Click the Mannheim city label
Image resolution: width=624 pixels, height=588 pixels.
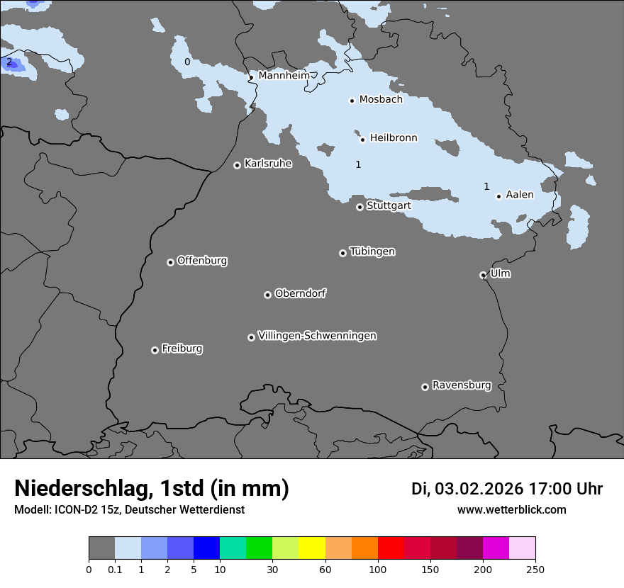point(284,75)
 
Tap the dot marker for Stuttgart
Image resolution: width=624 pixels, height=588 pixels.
point(360,207)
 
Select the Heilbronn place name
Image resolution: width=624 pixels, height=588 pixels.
point(394,138)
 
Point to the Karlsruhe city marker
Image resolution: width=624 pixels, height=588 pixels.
point(237,165)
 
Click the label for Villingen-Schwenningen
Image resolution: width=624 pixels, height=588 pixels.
point(317,336)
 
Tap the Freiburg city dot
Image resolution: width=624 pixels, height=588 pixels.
point(155,350)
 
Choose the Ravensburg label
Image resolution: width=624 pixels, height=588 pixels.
point(461,385)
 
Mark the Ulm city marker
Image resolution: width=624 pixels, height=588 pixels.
point(483,275)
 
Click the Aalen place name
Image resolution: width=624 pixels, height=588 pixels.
point(520,195)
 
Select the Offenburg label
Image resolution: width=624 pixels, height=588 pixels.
point(202,261)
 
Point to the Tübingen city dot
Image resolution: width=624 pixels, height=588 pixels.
point(342,253)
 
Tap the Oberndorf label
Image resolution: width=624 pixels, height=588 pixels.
point(300,293)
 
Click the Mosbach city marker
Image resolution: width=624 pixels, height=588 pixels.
point(352,101)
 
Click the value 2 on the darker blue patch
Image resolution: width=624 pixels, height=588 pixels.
point(9,62)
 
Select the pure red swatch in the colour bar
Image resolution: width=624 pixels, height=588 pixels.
point(391,548)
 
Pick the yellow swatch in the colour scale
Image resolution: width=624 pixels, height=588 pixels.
point(312,548)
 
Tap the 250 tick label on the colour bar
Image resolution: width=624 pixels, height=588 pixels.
point(535,569)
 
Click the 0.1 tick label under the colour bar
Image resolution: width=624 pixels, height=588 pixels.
point(115,569)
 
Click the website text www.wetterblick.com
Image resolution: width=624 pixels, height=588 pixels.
point(511,510)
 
